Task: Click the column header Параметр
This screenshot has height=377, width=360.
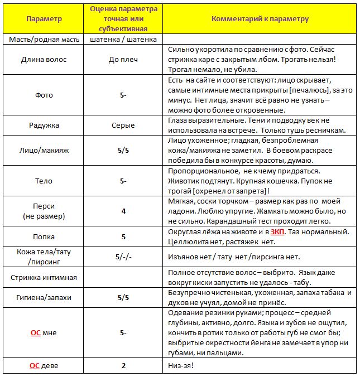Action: click(x=44, y=19)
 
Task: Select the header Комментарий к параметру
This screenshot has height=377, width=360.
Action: click(x=260, y=19)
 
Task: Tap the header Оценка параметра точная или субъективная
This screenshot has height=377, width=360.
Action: click(x=123, y=19)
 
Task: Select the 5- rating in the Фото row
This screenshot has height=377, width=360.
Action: click(x=123, y=95)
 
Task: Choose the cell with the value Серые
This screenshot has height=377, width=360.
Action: click(x=123, y=125)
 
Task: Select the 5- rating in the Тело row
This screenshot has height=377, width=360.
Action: click(x=123, y=181)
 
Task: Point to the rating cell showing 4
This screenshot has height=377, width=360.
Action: click(x=123, y=211)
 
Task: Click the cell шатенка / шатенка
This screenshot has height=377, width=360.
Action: click(x=123, y=39)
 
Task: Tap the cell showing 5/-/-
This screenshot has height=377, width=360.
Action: click(x=123, y=257)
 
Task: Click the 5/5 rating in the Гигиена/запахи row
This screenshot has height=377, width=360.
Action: click(x=123, y=297)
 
